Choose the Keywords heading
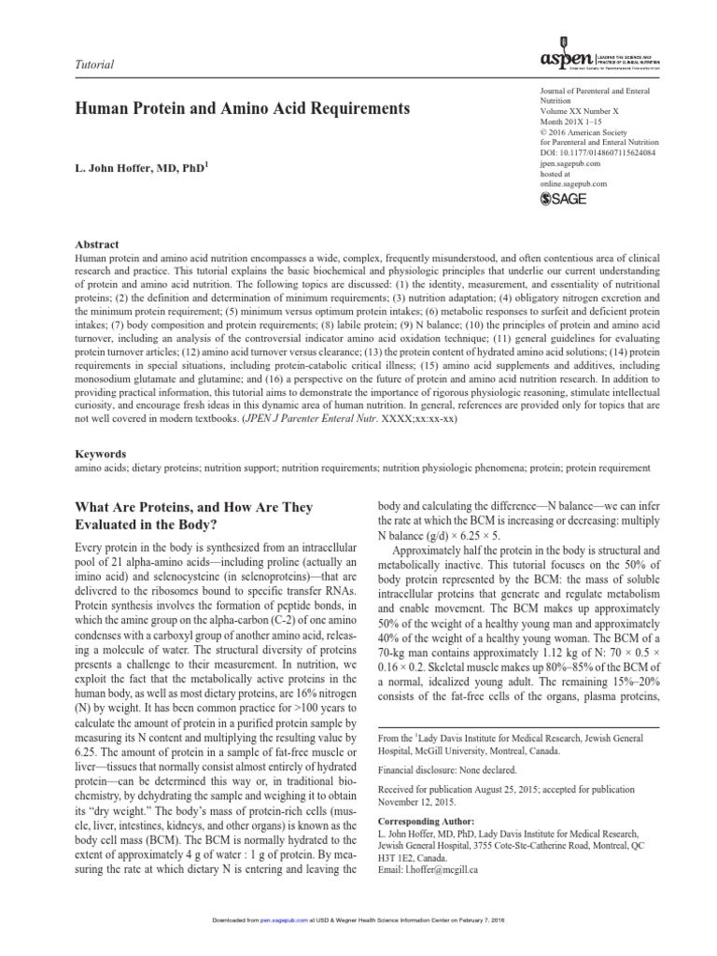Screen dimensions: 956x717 (100, 453)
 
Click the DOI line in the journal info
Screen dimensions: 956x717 (597, 151)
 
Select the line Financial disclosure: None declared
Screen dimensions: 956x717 (454, 772)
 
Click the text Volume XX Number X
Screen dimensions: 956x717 (582, 111)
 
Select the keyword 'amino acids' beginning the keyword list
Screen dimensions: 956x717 (97, 466)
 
